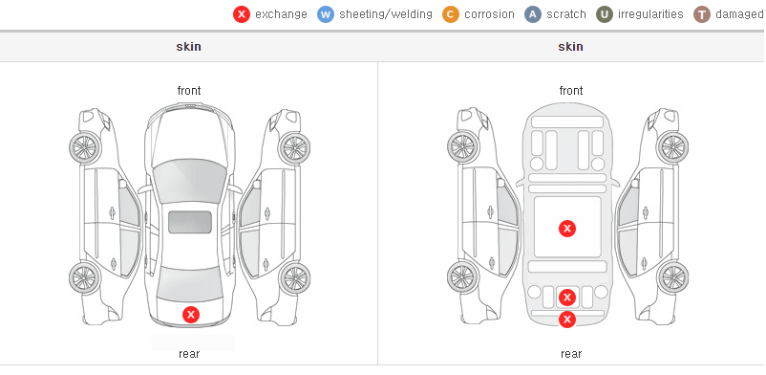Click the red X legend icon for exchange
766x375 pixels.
[x=242, y=14]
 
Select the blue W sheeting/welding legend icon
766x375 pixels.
[x=326, y=14]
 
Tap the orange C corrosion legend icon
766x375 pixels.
[x=451, y=14]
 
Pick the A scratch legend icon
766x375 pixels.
[x=533, y=14]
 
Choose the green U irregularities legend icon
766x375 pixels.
[x=605, y=14]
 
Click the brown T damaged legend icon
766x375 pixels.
[x=701, y=14]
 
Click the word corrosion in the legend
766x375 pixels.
[x=490, y=14]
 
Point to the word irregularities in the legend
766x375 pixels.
[x=650, y=14]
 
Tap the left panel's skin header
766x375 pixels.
[x=188, y=47]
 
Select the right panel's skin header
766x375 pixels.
[x=570, y=47]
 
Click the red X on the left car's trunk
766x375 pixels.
[x=191, y=315]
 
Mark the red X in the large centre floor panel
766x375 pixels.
[x=567, y=228]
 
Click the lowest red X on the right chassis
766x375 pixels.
[x=567, y=320]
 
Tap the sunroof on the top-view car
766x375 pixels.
[x=190, y=222]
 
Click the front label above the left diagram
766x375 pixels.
[x=189, y=91]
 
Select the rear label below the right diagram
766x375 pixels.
[x=571, y=354]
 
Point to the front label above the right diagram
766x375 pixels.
[x=571, y=91]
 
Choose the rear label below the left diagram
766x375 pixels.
[x=189, y=354]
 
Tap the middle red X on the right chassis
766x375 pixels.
[x=567, y=298]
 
